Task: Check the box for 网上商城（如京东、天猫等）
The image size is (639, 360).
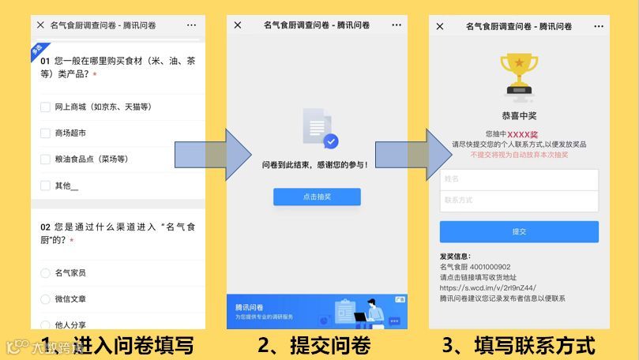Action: (45, 107)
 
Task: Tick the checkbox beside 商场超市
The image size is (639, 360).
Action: (45, 133)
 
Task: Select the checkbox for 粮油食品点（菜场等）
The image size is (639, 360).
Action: (45, 159)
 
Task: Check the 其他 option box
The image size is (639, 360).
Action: (45, 186)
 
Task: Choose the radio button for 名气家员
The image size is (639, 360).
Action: (45, 273)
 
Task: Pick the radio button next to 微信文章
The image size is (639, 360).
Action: (45, 299)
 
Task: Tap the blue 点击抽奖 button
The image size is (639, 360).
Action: (317, 197)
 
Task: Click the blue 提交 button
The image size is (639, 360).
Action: (519, 231)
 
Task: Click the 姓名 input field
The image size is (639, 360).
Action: (519, 180)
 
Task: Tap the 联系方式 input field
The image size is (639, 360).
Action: (519, 201)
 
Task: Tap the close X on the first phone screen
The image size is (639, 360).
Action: (40, 25)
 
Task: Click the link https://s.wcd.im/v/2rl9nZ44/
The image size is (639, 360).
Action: (488, 288)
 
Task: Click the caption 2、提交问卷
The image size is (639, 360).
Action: (314, 346)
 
